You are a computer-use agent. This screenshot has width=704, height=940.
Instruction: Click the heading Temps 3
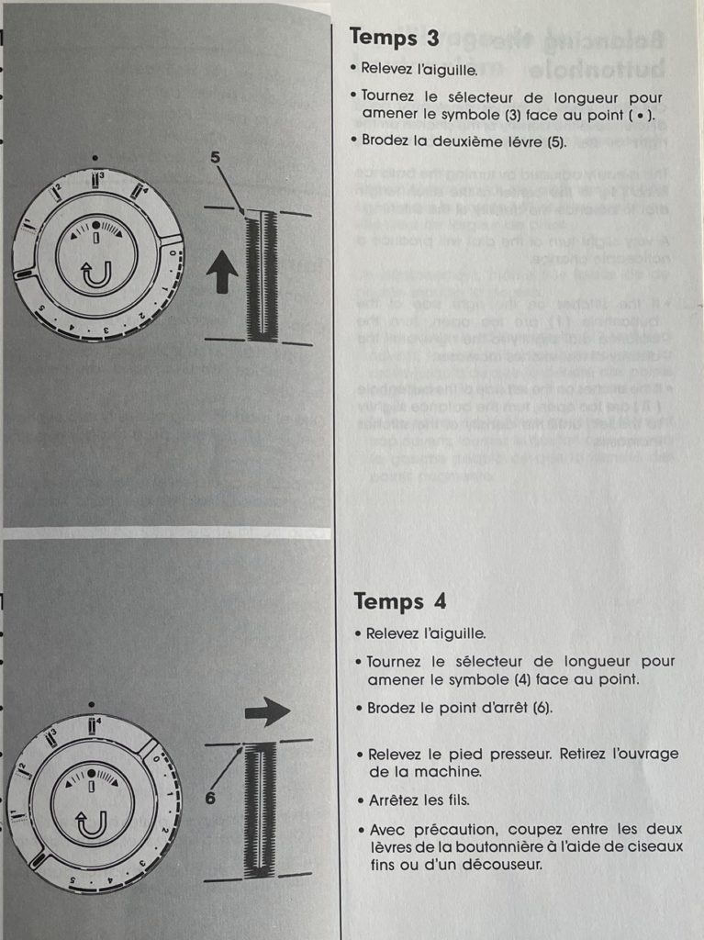(x=394, y=38)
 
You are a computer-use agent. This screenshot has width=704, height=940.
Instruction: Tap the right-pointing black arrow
(x=267, y=711)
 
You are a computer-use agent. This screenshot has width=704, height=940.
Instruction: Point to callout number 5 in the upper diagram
(x=216, y=158)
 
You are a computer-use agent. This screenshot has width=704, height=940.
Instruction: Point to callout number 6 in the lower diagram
(x=210, y=798)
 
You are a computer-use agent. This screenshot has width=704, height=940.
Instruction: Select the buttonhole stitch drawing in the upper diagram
(x=262, y=275)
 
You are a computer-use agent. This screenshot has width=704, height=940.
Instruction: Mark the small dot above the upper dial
(x=95, y=159)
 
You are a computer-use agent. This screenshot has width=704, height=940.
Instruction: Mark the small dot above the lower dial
(x=91, y=704)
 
